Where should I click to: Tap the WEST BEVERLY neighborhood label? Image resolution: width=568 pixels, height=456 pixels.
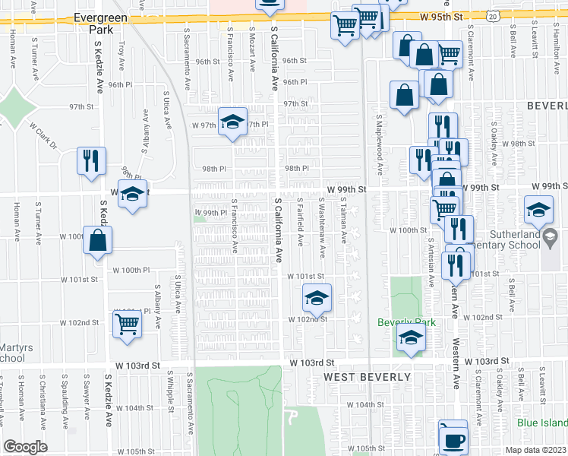pos(368,377)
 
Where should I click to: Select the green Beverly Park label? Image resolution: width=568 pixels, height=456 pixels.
pos(407,322)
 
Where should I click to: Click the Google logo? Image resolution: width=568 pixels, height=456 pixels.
pos(25,447)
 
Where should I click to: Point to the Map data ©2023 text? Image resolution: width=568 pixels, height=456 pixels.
pos(535,450)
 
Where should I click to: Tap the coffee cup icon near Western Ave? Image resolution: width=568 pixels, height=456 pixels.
pos(453,439)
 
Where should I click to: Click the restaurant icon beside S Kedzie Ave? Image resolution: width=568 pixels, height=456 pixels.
pos(91,161)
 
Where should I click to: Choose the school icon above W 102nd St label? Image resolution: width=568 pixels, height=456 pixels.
pos(317,297)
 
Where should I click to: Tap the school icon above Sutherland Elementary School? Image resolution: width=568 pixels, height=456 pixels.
pos(538,209)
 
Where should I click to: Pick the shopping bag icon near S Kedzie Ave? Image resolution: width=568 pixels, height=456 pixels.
pos(98,241)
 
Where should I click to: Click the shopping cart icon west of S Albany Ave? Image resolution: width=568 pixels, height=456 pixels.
pos(127,324)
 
